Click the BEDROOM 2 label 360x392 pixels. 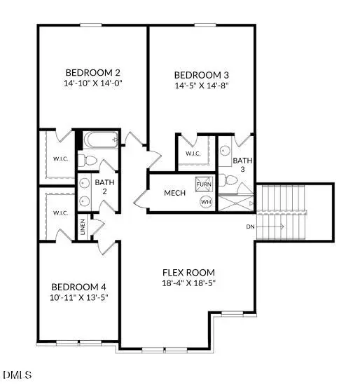93,72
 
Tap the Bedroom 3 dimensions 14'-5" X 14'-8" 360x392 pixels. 202,86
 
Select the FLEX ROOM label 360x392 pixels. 188,272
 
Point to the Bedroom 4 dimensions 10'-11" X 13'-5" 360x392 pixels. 79,297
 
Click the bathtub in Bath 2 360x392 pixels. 101,140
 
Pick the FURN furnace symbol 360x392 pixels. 204,184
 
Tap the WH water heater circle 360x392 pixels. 206,201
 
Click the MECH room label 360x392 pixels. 175,193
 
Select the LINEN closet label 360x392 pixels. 83,227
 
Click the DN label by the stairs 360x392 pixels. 250,227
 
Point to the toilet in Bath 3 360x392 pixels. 228,180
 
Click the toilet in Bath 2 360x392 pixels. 87,161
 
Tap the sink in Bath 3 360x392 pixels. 226,151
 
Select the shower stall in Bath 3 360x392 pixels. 236,203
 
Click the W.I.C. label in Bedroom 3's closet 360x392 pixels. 193,154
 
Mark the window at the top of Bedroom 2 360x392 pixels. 91,25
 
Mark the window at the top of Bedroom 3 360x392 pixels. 205,25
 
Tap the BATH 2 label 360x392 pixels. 104,187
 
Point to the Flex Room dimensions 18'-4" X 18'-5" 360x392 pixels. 188,283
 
